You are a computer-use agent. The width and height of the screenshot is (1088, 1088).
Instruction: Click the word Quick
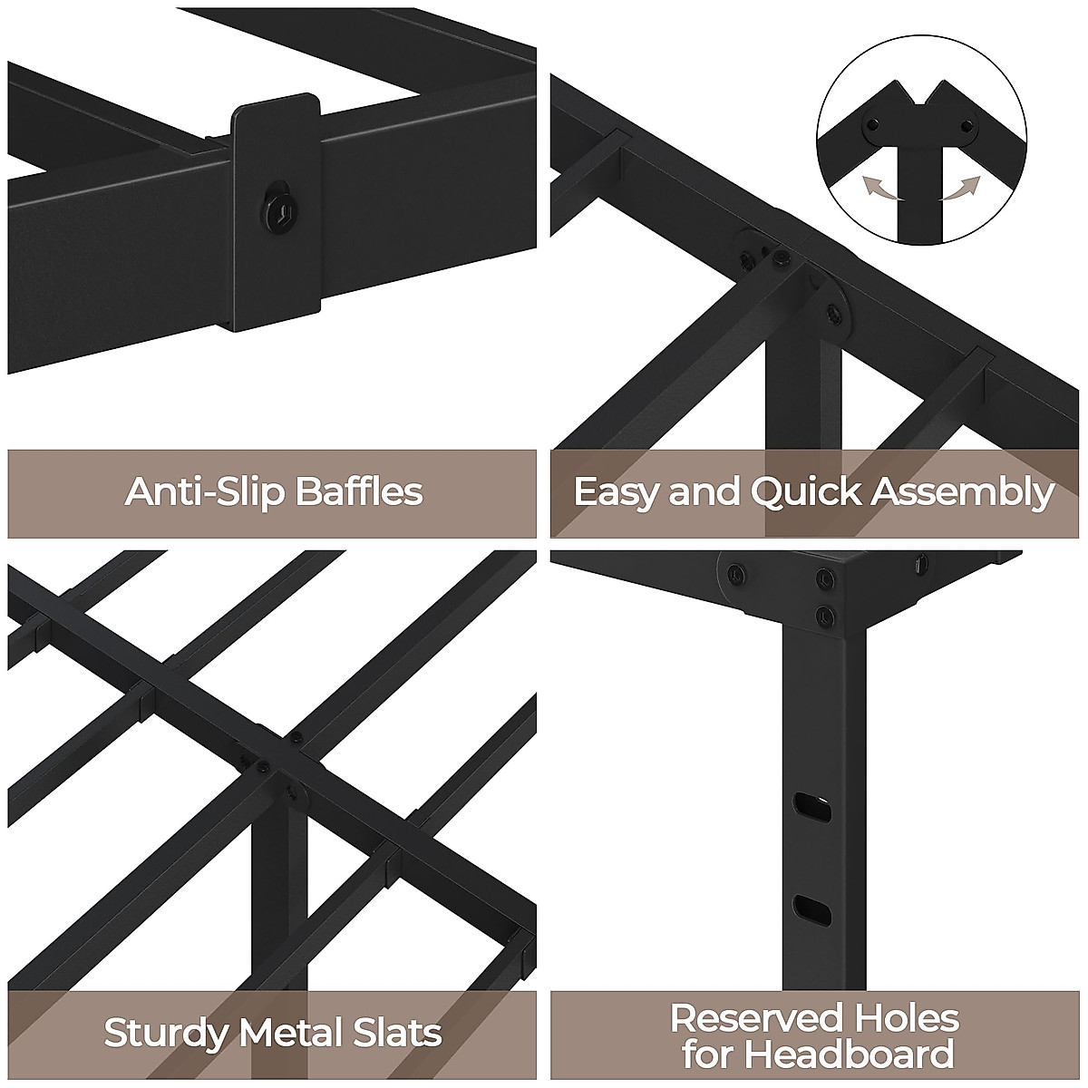point(805,491)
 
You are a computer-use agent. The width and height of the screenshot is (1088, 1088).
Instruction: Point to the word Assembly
point(963,491)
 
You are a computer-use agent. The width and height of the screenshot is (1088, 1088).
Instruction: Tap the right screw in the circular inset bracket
point(967,124)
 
